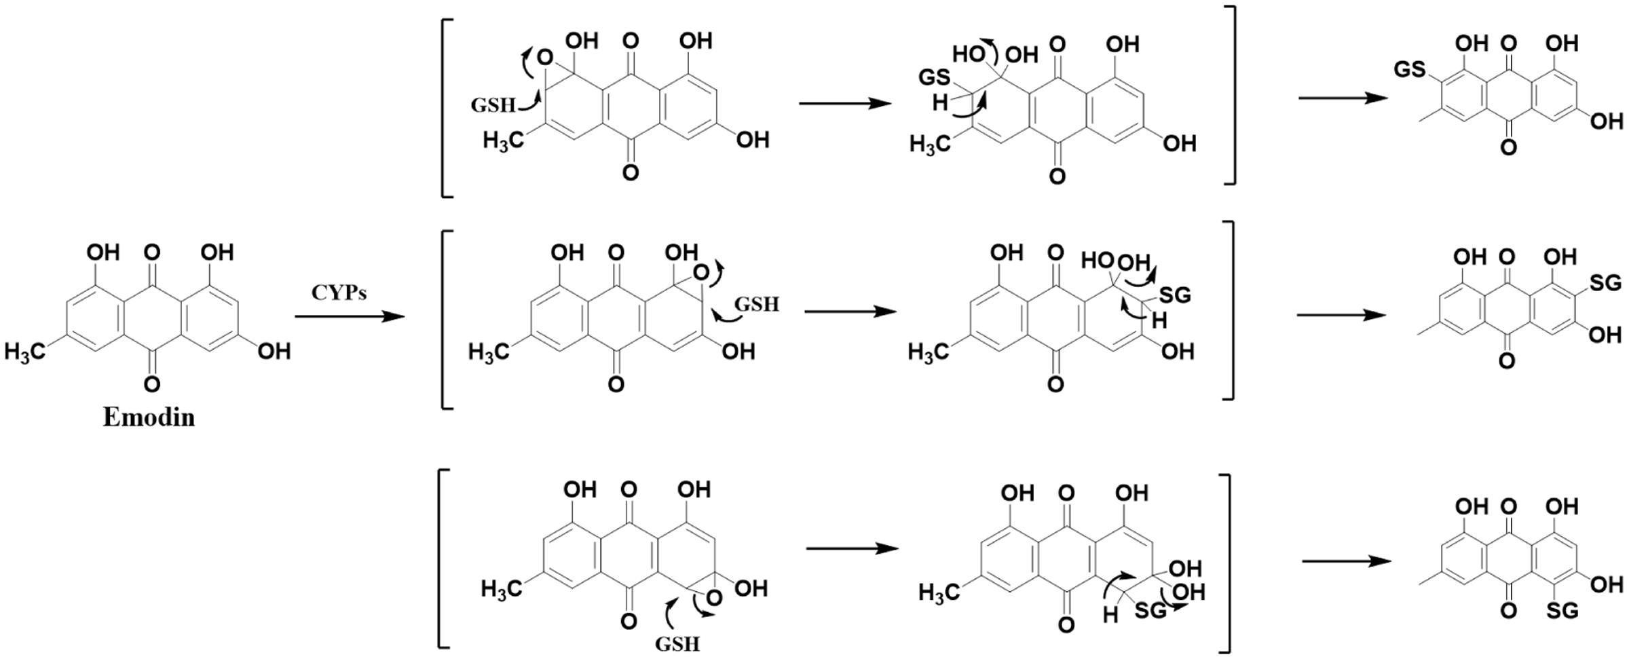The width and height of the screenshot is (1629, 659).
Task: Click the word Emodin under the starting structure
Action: click(149, 417)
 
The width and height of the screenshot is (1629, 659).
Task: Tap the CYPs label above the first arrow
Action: click(339, 293)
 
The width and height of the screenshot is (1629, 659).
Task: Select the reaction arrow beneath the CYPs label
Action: click(349, 316)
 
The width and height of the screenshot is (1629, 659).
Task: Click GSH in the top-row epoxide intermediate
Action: click(493, 105)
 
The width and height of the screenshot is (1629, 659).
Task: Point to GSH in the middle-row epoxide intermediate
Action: click(756, 305)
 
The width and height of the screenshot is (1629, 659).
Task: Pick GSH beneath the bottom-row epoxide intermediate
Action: click(677, 643)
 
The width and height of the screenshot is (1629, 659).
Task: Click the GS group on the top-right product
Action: click(1409, 69)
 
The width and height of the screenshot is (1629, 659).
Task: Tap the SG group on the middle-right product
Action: click(1605, 282)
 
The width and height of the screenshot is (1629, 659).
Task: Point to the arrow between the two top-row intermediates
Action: click(844, 103)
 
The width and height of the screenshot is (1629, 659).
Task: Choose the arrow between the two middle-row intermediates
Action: click(850, 312)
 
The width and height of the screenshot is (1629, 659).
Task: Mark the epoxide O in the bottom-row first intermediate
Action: click(713, 598)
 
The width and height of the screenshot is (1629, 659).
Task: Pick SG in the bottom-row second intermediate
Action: click(1150, 611)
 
